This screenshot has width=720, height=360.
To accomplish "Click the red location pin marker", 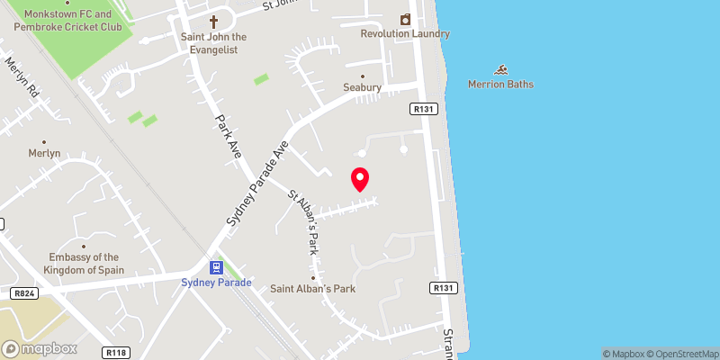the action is point(360,179).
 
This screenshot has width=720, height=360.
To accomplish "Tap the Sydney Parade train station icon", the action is point(217,267).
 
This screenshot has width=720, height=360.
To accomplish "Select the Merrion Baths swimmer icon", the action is point(501,70).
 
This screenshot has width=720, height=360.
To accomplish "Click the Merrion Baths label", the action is point(500,85).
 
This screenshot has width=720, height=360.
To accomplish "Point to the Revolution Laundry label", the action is point(403,34).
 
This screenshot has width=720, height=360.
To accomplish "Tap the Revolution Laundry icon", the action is point(405,19).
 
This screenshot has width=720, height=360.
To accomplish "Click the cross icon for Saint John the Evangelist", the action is point(214,21).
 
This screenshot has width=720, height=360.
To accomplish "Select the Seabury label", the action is point(363,87).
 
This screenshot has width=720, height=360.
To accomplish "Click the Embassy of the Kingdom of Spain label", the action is point(84,263).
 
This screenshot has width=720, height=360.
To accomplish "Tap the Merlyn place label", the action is point(44,153).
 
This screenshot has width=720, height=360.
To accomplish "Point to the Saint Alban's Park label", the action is point(313,290).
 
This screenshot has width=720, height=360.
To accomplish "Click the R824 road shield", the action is point(23,293).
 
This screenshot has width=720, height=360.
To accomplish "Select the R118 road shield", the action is point(113,352).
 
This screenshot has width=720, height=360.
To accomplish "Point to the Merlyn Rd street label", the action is point(22,79).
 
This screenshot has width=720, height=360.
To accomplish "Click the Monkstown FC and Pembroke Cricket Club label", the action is point(63,21).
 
